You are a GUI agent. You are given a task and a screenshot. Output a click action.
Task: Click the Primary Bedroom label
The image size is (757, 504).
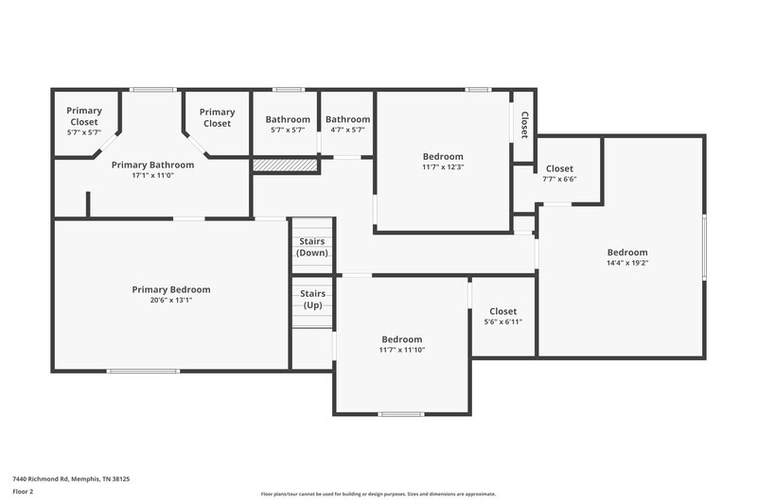click(x=170, y=289)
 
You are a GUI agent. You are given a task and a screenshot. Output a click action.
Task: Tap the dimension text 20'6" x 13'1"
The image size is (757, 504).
click(x=170, y=301)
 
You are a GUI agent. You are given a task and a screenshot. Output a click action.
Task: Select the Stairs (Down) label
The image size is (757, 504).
click(x=312, y=247)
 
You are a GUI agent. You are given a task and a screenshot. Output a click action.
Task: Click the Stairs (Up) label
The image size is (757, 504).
click(x=312, y=300)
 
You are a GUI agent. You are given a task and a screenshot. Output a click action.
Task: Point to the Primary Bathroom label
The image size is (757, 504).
click(x=152, y=165)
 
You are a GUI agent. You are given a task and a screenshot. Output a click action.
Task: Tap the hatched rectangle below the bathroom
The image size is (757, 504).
click(x=284, y=165)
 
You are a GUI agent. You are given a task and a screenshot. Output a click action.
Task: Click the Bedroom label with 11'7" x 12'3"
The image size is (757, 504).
click(x=443, y=156)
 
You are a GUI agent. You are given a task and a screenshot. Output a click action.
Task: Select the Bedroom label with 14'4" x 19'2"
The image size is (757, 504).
click(x=627, y=252)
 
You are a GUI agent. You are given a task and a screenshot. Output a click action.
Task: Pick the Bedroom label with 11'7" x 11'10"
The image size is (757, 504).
click(x=402, y=339)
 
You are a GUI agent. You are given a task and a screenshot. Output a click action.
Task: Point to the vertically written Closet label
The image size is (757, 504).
click(x=524, y=126)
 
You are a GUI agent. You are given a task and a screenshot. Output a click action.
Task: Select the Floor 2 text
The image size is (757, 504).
click(x=25, y=493)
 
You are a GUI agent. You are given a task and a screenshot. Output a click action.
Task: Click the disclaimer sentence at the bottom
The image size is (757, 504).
click(x=378, y=494)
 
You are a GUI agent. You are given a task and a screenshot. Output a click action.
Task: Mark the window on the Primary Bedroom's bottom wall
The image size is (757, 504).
click(x=143, y=371)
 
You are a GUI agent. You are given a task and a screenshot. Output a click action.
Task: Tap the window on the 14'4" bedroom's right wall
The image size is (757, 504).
click(x=704, y=247)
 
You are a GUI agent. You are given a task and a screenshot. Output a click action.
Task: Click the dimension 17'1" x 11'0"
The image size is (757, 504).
click(x=152, y=176)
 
